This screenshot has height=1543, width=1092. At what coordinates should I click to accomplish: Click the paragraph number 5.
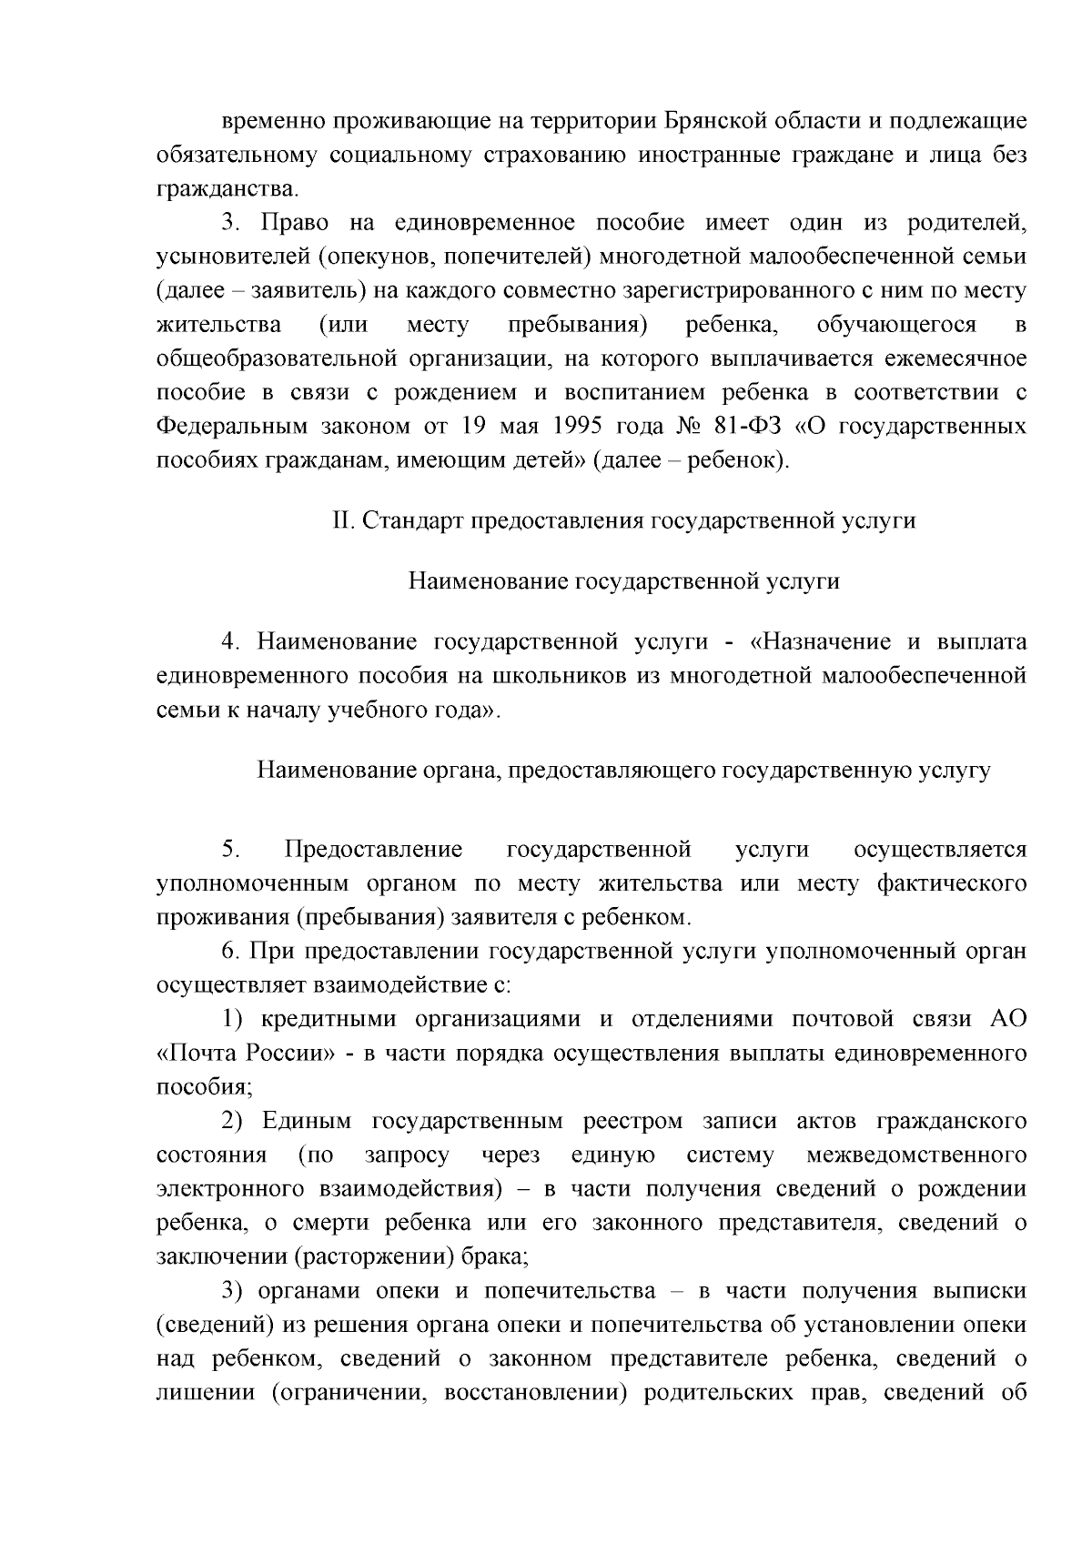click(x=230, y=850)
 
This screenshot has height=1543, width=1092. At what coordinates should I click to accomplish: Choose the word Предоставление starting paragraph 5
click(x=373, y=850)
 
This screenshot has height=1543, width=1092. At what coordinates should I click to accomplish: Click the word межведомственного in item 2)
click(x=916, y=1155)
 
